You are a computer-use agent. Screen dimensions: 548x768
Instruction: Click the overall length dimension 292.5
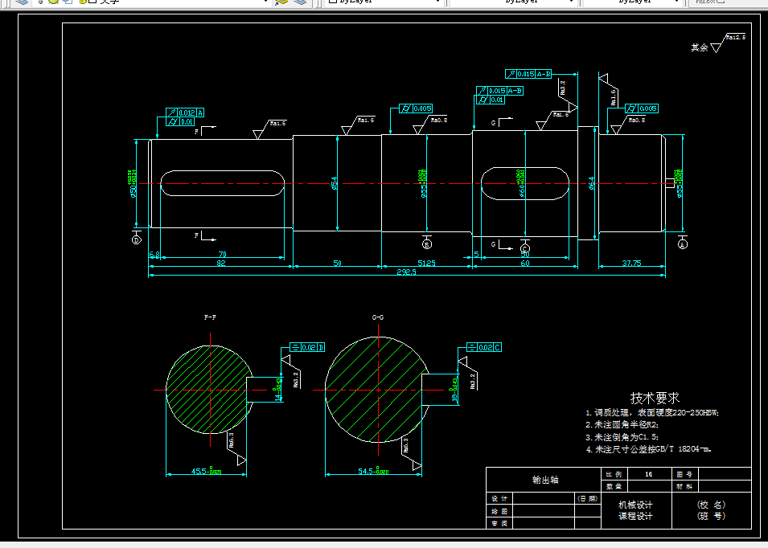tap(405, 272)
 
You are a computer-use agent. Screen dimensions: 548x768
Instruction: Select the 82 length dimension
tap(220, 263)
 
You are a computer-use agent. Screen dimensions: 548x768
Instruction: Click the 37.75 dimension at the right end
tap(631, 263)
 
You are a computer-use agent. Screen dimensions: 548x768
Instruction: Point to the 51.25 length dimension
tap(426, 263)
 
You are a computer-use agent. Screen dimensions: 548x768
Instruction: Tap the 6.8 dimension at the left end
tap(154, 255)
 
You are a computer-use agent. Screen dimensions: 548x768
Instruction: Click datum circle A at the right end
tap(683, 242)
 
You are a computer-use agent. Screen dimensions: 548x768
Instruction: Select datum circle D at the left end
tap(136, 239)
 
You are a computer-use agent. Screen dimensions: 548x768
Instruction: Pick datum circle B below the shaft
tap(426, 243)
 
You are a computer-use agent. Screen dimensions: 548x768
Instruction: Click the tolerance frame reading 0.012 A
tap(185, 112)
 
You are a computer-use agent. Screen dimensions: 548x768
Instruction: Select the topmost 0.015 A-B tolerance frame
tap(528, 74)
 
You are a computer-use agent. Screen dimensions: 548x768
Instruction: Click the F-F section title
tap(210, 318)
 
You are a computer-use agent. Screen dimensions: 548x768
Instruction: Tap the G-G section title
tap(378, 318)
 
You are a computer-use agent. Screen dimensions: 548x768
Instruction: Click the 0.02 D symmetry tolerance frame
tap(307, 347)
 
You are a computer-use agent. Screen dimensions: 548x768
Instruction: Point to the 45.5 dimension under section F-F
tap(206, 471)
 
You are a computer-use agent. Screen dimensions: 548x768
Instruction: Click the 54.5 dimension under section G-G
tap(374, 471)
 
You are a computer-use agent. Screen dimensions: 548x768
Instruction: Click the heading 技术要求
tap(655, 398)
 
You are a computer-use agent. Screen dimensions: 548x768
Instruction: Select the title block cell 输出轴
tap(544, 480)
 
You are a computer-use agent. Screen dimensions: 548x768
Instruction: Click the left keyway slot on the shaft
tap(223, 183)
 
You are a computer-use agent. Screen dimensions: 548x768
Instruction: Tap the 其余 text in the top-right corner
tap(699, 48)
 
